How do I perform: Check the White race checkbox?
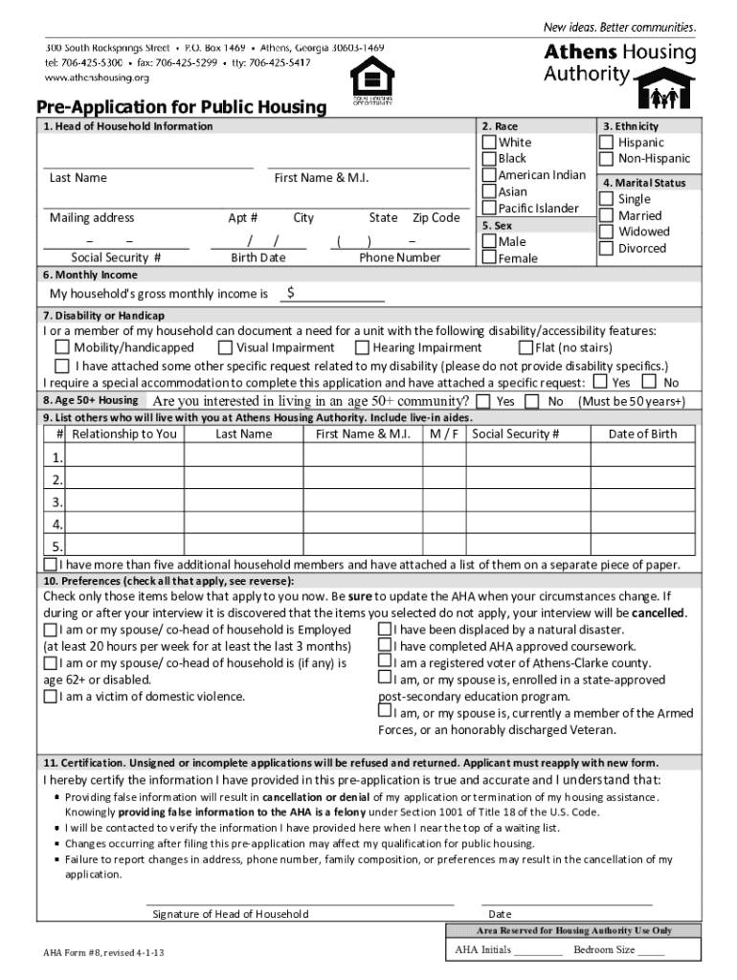(490, 143)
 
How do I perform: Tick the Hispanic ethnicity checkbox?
(606, 143)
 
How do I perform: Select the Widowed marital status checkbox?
(606, 232)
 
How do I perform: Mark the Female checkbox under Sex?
(490, 258)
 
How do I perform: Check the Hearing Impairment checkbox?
(363, 348)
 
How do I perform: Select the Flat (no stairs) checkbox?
(525, 348)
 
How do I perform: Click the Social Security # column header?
(515, 434)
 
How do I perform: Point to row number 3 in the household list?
(57, 501)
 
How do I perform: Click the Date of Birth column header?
(642, 434)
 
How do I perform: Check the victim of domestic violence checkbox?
(50, 697)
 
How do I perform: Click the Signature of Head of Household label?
(231, 914)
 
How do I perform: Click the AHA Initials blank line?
(538, 952)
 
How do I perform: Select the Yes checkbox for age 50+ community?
(483, 401)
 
